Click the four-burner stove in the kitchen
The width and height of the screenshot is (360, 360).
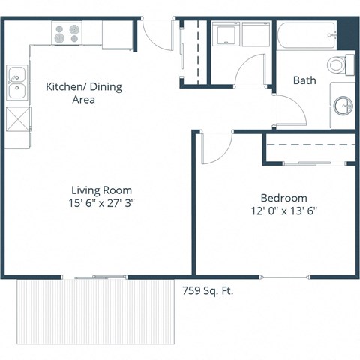click(x=67, y=32)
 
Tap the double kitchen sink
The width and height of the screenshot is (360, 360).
click(x=16, y=83)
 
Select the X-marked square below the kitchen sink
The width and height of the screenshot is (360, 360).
click(x=17, y=119)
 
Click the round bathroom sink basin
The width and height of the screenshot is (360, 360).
click(x=345, y=106)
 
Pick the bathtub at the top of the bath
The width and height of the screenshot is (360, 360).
click(x=307, y=33)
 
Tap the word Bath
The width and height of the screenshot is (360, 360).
click(x=304, y=80)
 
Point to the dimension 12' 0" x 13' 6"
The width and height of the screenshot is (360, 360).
click(x=274, y=211)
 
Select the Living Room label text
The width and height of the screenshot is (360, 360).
click(x=102, y=190)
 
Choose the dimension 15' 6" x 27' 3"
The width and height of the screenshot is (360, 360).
click(x=102, y=203)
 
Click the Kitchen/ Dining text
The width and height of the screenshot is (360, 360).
click(x=83, y=87)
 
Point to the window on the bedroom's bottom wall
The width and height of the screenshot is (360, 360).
click(x=285, y=277)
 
